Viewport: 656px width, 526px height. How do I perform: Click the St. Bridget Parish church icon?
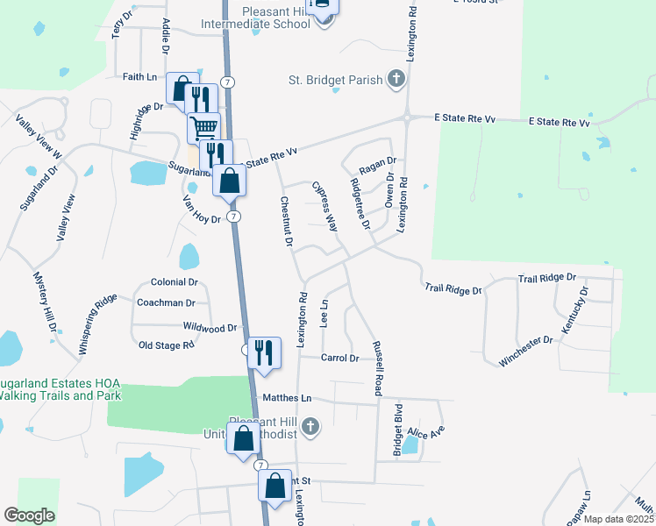[396, 80]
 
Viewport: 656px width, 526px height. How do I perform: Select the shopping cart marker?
[203, 128]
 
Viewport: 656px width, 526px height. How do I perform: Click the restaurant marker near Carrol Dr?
[264, 352]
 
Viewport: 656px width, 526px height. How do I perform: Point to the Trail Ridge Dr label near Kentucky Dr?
[546, 278]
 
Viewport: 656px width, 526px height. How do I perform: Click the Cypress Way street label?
[324, 206]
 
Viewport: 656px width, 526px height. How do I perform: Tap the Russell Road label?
[377, 368]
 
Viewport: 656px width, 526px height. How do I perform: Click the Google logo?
[30, 515]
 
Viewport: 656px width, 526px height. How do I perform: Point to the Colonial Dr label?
[175, 282]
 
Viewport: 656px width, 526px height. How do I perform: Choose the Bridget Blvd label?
[398, 427]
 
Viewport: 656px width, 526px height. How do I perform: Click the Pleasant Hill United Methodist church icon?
[309, 427]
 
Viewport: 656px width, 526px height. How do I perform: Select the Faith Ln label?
[139, 76]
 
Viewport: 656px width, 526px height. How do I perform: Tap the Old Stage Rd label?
[167, 345]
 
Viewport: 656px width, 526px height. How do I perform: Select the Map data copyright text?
[617, 519]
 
